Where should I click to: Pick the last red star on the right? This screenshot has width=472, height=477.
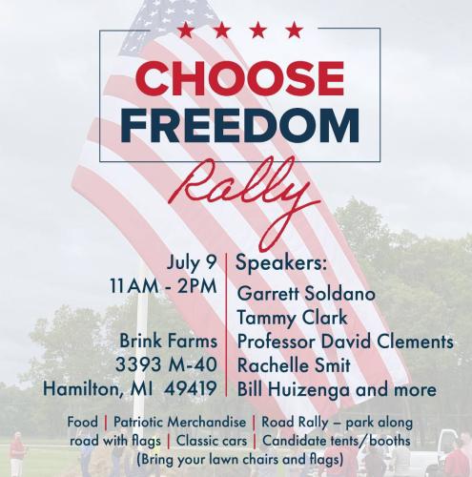point(285,31)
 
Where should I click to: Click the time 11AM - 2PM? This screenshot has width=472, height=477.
point(162,287)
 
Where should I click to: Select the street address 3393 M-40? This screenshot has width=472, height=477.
point(174,365)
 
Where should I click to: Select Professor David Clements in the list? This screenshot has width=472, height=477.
point(344,342)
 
